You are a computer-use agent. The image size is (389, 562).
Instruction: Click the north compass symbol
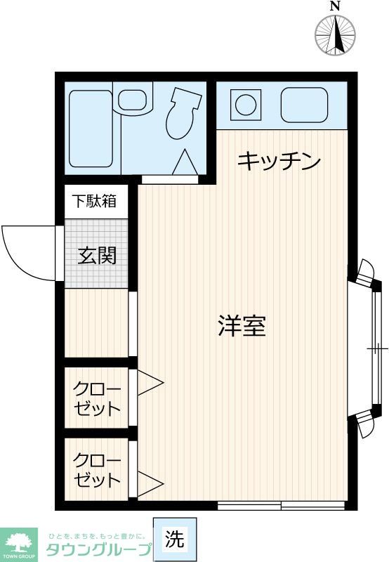335,34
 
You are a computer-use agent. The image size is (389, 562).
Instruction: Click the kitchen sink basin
304,105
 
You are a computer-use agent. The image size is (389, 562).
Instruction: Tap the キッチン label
279,161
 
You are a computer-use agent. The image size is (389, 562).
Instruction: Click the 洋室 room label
242,326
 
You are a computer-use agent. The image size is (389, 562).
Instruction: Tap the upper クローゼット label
98,399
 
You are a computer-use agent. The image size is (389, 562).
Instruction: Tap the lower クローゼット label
98,471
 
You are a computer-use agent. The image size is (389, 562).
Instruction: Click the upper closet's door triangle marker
149,384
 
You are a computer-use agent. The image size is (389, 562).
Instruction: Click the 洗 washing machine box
176,540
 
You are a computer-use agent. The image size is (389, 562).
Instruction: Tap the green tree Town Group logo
20,542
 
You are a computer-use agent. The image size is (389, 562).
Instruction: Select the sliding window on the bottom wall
281,505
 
